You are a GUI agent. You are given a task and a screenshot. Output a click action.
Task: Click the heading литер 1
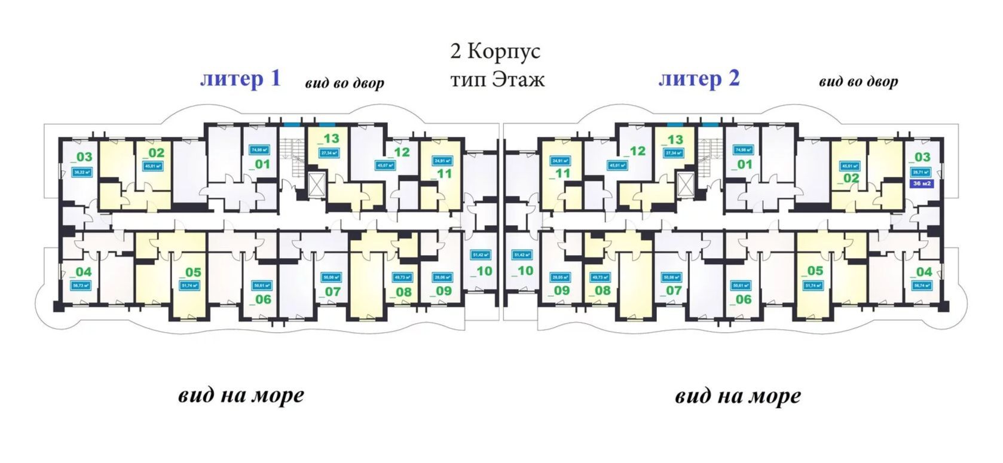240,79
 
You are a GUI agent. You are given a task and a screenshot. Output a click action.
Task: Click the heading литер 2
699,79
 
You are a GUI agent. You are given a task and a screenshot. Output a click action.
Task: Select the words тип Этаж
497,79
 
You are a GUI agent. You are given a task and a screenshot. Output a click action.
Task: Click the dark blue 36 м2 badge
921,183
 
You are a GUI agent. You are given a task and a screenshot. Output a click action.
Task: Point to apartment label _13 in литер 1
328,139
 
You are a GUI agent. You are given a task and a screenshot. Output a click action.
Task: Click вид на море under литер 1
241,395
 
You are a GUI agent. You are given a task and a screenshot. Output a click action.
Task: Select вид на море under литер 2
738,396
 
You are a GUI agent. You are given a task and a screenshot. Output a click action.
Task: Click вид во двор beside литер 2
858,82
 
